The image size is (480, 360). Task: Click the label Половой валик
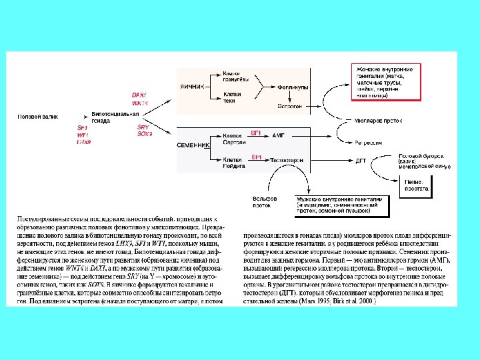tap(33, 116)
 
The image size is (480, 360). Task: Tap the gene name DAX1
tap(139, 95)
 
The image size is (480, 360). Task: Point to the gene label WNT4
tap(140, 103)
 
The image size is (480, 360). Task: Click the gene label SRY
tap(143, 127)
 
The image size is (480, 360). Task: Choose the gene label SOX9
tap(145, 134)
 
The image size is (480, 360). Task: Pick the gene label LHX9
tap(84, 142)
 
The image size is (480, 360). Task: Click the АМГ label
tap(279, 135)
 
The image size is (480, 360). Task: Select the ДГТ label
tap(361, 160)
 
